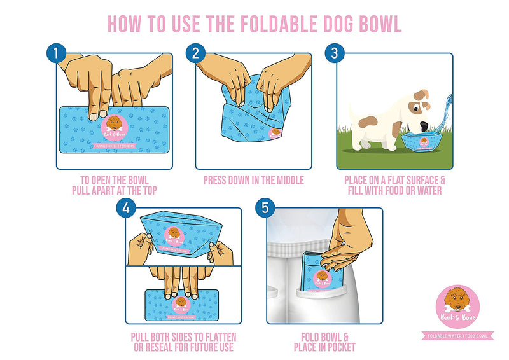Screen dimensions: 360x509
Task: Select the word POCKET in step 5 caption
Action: click(340, 347)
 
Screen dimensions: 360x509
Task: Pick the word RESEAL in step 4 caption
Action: click(175, 347)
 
